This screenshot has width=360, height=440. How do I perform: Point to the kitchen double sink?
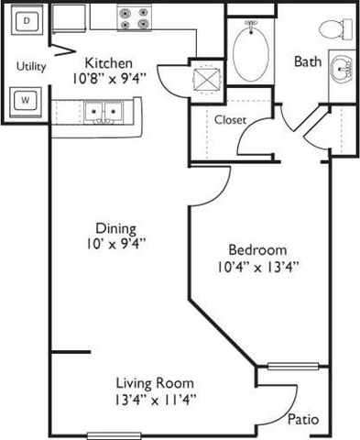pos(103,112)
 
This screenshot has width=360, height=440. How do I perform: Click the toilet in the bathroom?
pos(344,29)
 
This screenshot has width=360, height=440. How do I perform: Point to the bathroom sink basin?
pos(344,69)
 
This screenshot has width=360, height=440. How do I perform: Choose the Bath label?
pos(307,61)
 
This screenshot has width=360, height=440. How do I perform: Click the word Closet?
pos(230,119)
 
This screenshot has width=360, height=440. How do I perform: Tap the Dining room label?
pos(115,228)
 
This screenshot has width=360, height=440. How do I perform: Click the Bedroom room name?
pos(256,249)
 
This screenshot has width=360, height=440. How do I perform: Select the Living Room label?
pos(155,382)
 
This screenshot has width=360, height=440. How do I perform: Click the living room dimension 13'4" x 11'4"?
pos(155,400)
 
